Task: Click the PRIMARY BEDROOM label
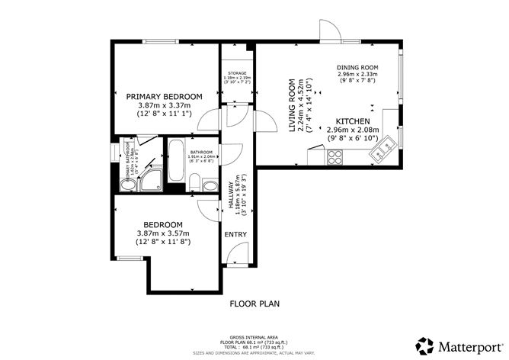[x=164, y=96]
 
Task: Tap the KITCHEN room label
[x=354, y=122]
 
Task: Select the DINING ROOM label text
[x=357, y=68]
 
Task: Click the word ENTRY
[x=234, y=234]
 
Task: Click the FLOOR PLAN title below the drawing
[x=254, y=304]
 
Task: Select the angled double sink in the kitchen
[x=383, y=149]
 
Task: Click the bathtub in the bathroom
[x=177, y=158]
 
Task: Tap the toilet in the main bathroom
[x=196, y=182]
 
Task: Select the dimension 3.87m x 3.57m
[x=164, y=233]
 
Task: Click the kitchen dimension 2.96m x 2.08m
[x=354, y=132]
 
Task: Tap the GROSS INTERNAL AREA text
[x=255, y=336]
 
